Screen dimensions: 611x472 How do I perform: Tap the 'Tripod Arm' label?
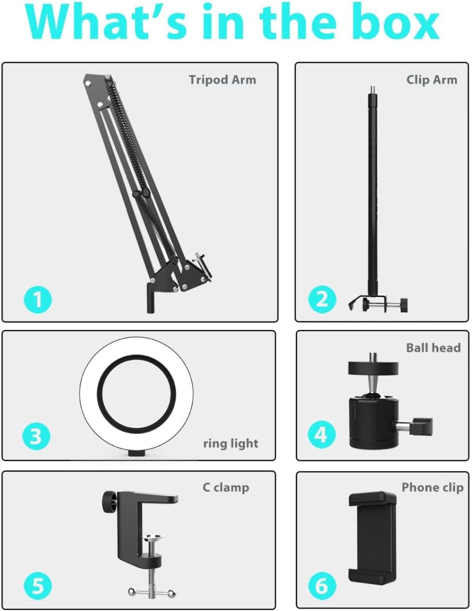(x=222, y=80)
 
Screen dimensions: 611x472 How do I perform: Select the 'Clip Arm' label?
(x=432, y=80)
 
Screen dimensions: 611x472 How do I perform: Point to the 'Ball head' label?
(x=433, y=348)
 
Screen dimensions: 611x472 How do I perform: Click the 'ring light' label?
(x=231, y=444)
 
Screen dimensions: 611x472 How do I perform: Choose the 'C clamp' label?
(x=226, y=488)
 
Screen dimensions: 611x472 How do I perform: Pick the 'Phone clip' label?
(x=433, y=488)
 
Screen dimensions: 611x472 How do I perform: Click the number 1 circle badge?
(x=38, y=299)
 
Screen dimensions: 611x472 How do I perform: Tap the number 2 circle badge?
(x=322, y=299)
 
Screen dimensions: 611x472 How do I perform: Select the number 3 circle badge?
(x=36, y=437)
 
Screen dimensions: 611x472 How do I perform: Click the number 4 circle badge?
(x=321, y=435)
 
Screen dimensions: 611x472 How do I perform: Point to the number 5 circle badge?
(x=38, y=585)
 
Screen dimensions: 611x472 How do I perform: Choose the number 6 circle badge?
(x=321, y=585)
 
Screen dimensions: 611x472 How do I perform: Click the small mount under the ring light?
(x=137, y=452)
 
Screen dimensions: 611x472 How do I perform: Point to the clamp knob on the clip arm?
(x=404, y=304)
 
